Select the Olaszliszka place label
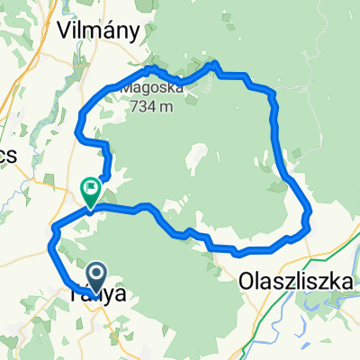[295, 282]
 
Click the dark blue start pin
[96, 274]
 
